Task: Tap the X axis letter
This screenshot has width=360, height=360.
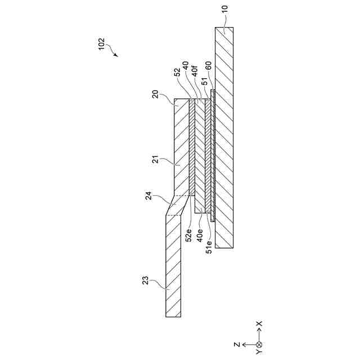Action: (x=259, y=325)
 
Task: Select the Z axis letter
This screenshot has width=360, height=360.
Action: (x=238, y=344)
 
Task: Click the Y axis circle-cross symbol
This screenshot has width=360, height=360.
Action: (x=259, y=344)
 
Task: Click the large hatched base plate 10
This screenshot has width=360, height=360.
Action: (x=224, y=141)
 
